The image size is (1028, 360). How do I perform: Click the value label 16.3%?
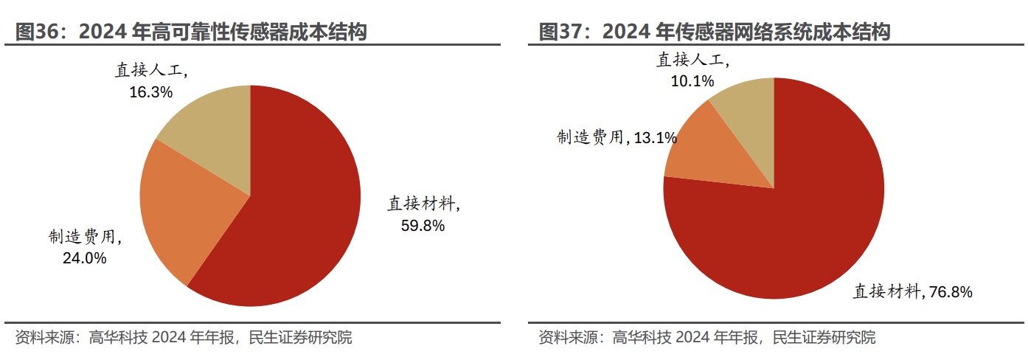coord(151,92)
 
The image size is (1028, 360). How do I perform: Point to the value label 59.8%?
coord(423,226)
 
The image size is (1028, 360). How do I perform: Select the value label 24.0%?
coord(85,258)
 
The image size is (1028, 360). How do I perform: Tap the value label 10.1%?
coord(692,82)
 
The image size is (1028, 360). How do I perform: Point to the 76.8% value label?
coord(951,292)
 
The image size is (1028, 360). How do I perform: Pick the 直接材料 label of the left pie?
coord(423,204)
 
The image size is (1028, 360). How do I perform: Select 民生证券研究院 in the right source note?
coord(824,338)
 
